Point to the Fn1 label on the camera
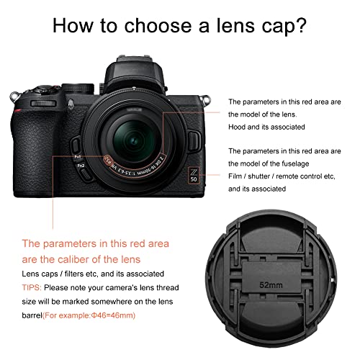pyautogui.click(x=78, y=156)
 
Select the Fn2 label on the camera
pyautogui.click(x=81, y=167)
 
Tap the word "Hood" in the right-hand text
pyautogui.click(x=237, y=127)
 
